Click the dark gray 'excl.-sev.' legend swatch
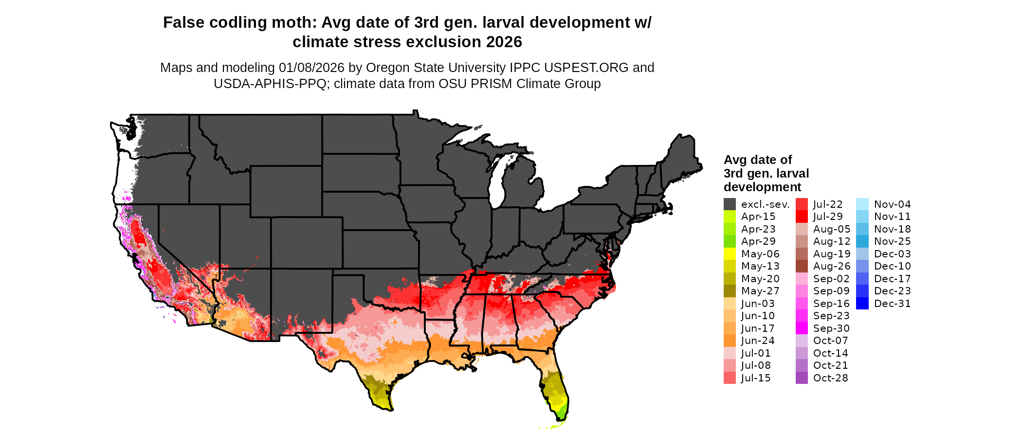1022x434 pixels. point(730,204)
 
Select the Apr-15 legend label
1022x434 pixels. point(758,217)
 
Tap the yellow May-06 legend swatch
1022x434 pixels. point(730,254)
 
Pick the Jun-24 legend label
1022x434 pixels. point(758,341)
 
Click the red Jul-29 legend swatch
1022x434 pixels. point(802,217)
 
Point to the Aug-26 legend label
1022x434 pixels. point(832,266)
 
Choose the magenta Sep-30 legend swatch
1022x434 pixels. point(802,328)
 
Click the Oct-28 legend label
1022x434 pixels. point(830,378)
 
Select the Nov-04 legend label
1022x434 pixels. point(892,204)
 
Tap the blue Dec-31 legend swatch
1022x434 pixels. point(862,304)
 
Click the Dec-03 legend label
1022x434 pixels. point(892,254)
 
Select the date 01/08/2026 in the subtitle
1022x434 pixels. point(311,68)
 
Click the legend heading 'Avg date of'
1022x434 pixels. point(757,160)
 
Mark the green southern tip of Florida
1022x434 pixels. point(561,414)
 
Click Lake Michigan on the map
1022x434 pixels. point(496,185)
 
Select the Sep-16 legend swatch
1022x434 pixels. point(802,304)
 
